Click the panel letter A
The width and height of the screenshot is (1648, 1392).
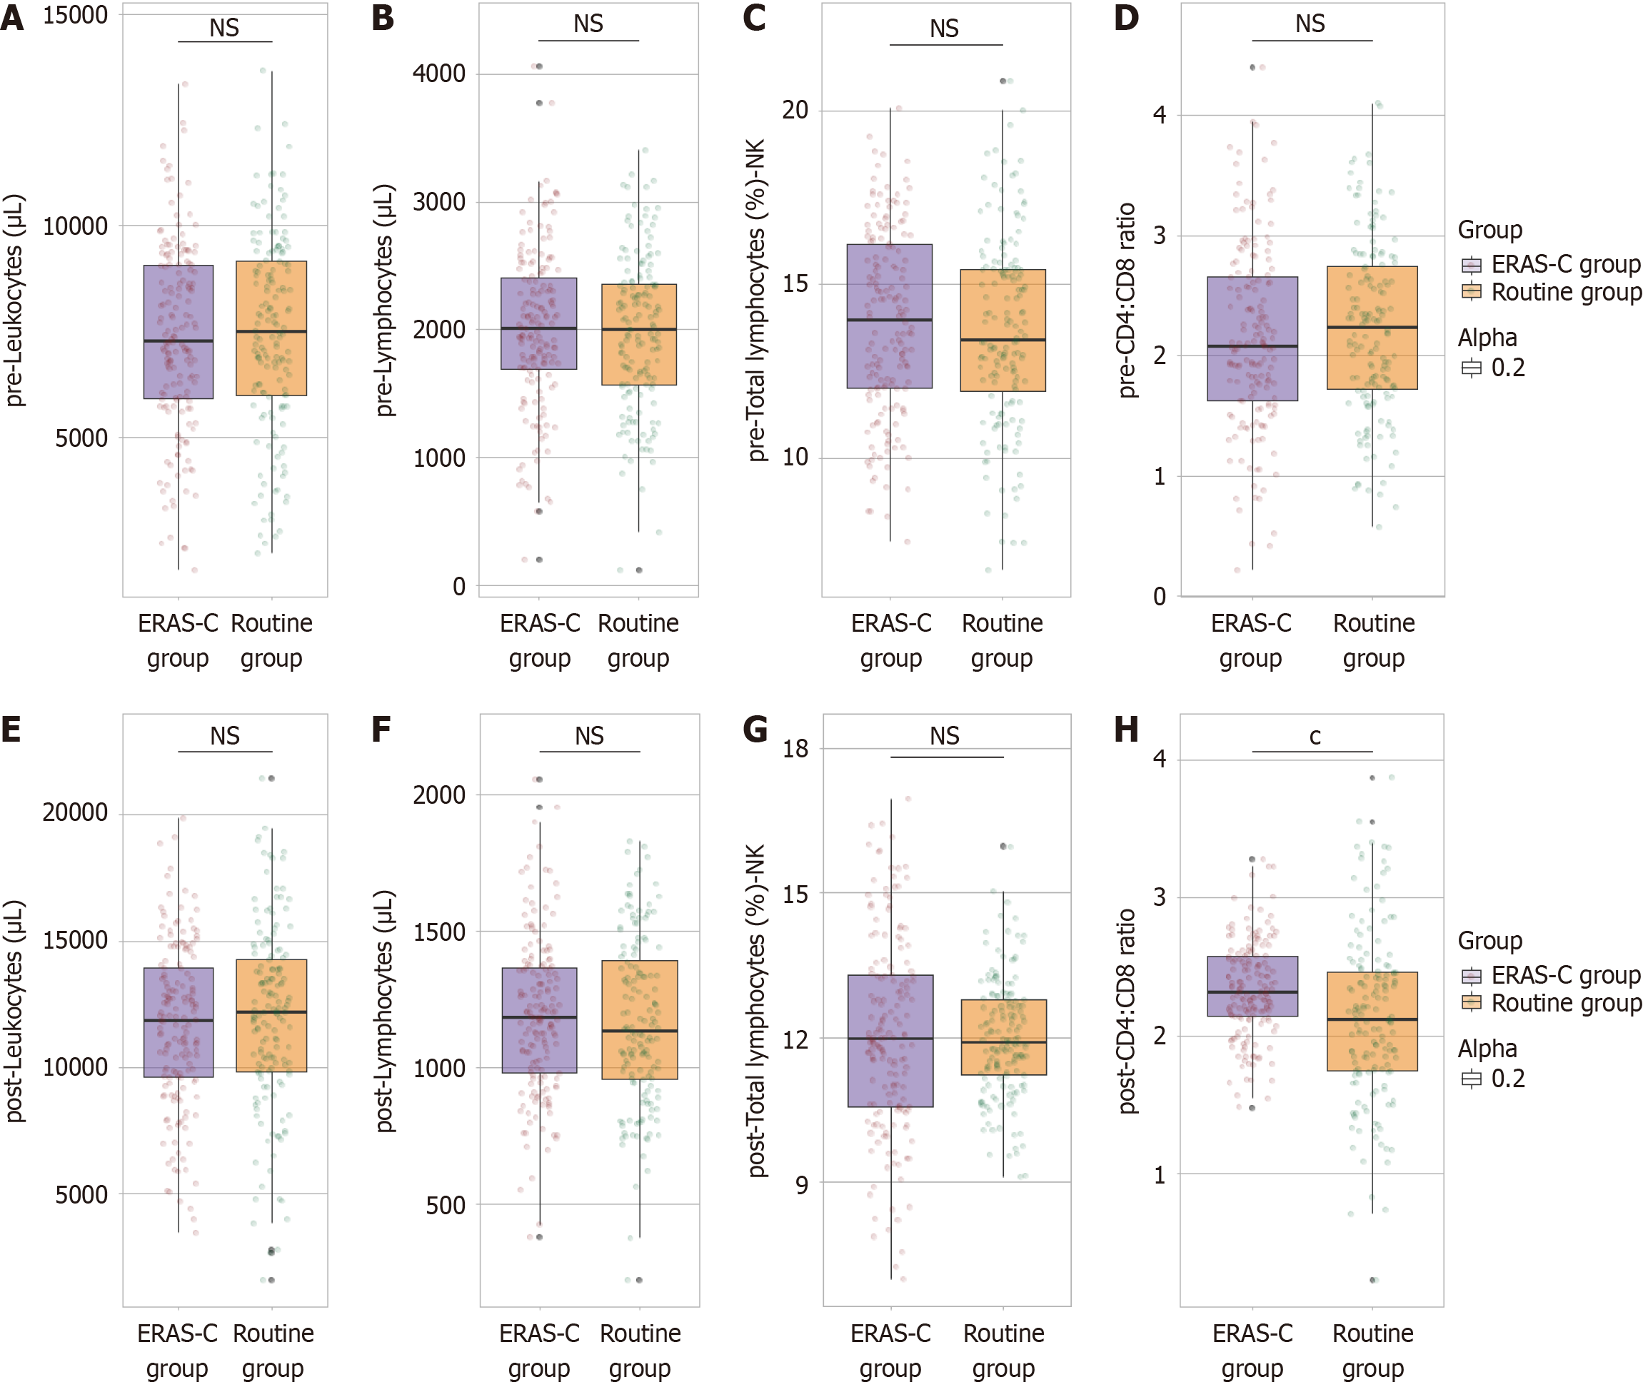[12, 17]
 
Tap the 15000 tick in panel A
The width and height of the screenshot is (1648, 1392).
[75, 15]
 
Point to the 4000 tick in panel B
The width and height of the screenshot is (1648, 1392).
[439, 74]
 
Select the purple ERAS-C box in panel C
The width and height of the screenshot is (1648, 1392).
[890, 316]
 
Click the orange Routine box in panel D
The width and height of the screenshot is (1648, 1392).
[1372, 328]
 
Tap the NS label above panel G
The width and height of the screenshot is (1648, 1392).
[945, 736]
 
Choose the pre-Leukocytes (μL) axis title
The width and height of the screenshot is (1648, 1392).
[14, 300]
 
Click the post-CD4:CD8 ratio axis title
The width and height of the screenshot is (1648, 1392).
[1127, 1011]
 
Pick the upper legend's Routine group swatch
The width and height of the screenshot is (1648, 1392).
[1471, 292]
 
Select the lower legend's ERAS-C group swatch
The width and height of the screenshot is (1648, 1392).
[1471, 976]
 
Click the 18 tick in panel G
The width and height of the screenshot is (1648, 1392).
[795, 748]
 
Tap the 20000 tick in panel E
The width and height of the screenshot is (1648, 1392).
[75, 813]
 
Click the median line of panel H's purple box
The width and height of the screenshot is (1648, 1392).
[1252, 992]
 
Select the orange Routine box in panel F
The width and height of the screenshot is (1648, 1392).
[639, 1019]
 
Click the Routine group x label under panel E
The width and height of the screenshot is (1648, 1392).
[273, 1350]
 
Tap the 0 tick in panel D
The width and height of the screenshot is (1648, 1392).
[1160, 597]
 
